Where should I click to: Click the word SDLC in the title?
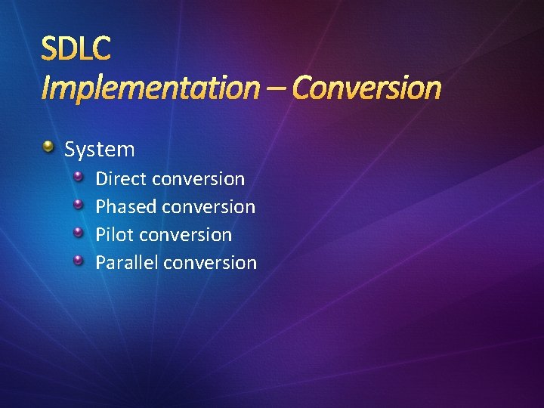(x=76, y=49)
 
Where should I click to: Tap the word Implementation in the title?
(x=149, y=88)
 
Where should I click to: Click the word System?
(x=99, y=150)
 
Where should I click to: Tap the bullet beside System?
(x=48, y=146)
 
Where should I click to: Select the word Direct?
(x=121, y=179)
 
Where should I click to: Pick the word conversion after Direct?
(x=198, y=179)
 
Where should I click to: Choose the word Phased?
(x=125, y=206)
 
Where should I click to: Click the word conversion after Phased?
(x=209, y=206)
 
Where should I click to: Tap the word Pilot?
(x=115, y=234)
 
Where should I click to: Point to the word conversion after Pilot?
(x=186, y=234)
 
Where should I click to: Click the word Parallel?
(x=126, y=262)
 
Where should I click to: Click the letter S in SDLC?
(x=49, y=49)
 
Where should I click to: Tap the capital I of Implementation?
(x=45, y=88)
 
